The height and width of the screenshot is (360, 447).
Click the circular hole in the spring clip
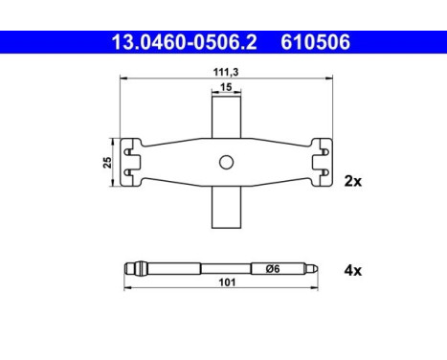(x=225, y=162)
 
